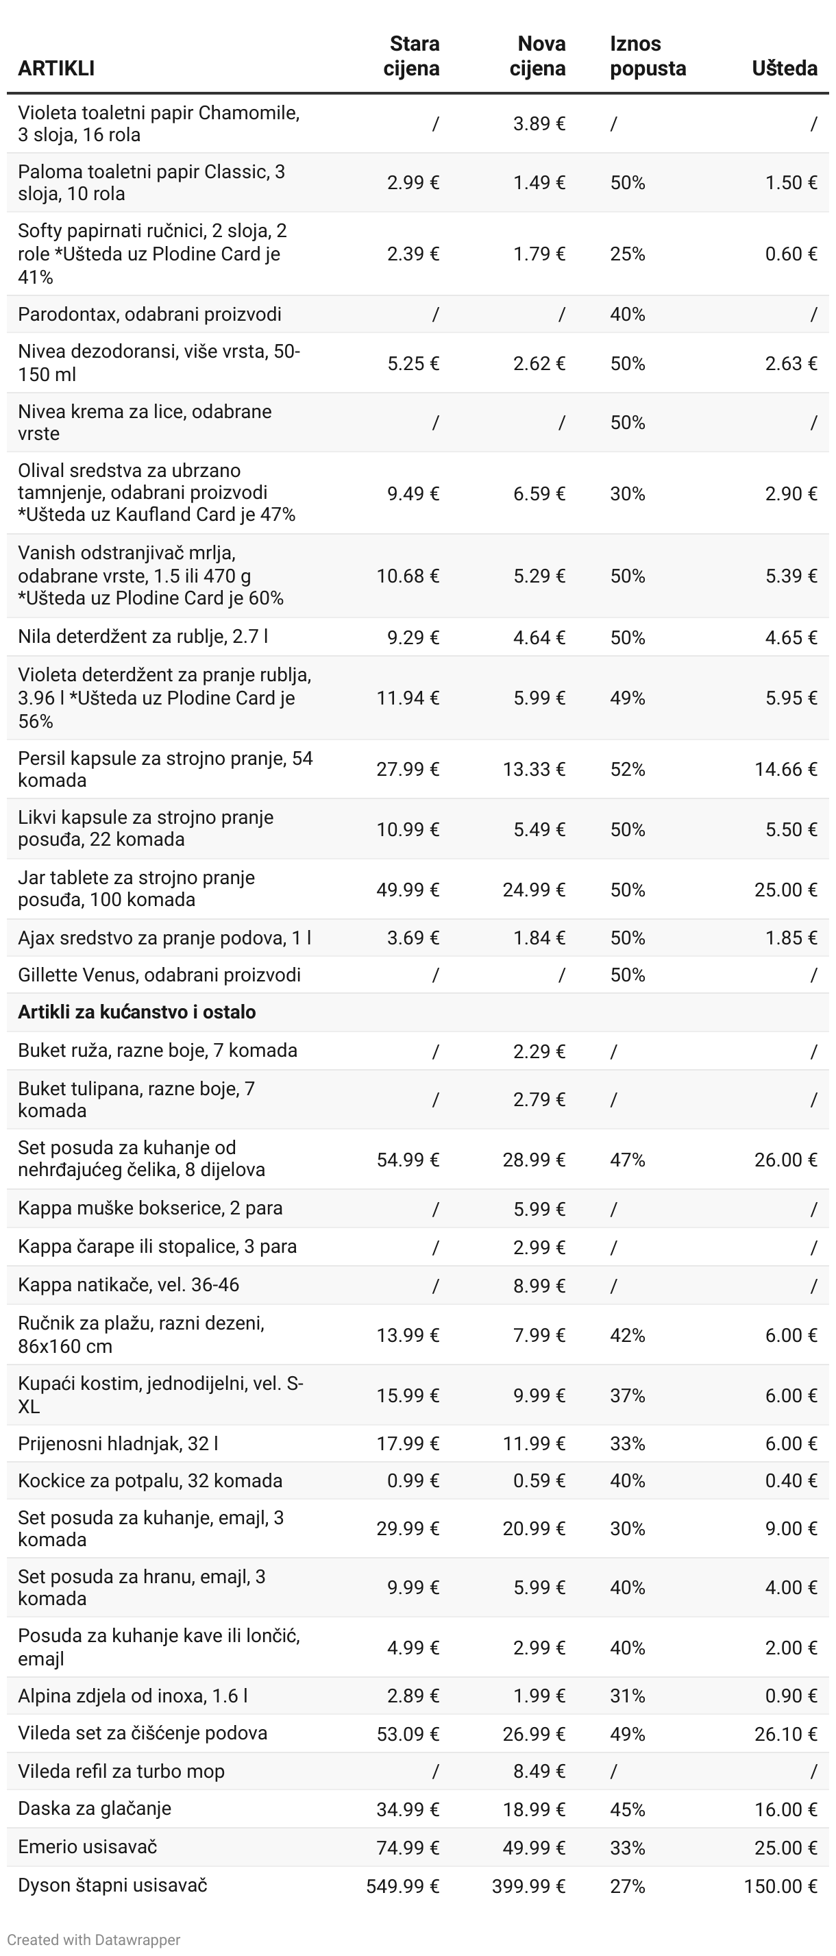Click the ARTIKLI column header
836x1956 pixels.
(56, 69)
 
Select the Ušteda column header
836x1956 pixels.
(784, 69)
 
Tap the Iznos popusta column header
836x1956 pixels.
(647, 56)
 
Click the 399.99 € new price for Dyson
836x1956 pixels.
(528, 1886)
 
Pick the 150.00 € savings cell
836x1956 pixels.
(780, 1886)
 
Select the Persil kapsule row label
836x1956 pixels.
(164, 769)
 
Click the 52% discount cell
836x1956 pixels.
(627, 769)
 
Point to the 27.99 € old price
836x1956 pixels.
(408, 769)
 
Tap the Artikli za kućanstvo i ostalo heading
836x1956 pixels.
(136, 1012)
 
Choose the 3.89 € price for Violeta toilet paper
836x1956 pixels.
(539, 124)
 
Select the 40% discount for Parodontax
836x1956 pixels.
(627, 315)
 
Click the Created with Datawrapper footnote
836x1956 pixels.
(93, 1940)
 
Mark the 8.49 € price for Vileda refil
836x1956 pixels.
(539, 1772)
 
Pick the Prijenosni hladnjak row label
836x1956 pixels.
(118, 1443)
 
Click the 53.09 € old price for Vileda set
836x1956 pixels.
(408, 1733)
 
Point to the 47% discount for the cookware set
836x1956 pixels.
(627, 1160)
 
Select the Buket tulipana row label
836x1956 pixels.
(136, 1099)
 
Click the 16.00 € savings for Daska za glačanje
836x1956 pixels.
(785, 1809)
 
